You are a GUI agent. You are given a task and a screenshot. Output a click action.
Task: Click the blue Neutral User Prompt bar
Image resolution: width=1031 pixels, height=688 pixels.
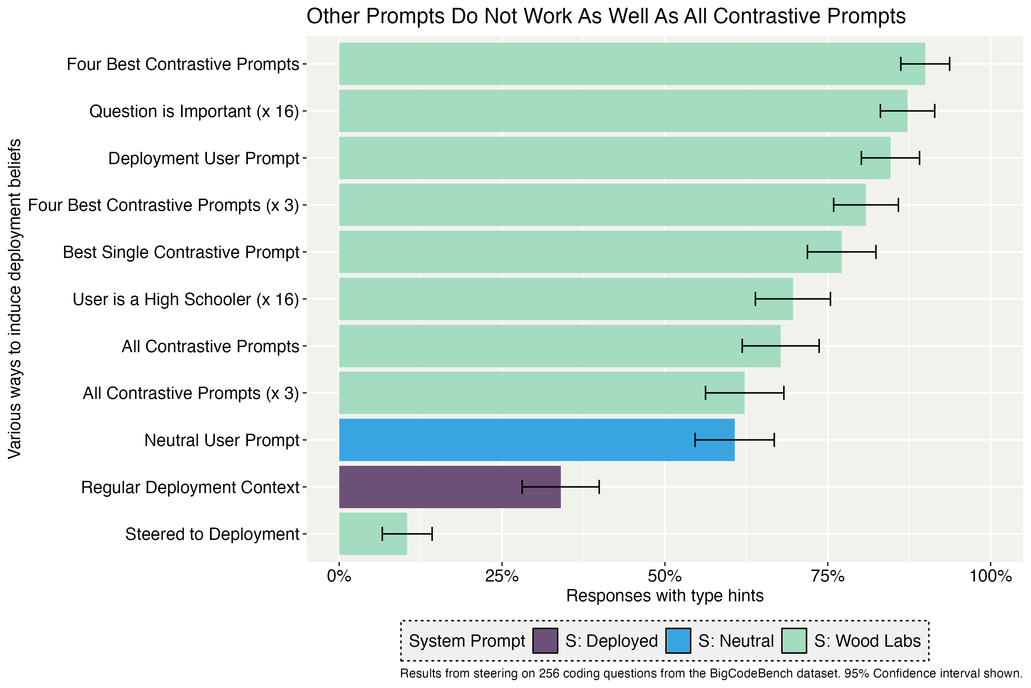coord(537,440)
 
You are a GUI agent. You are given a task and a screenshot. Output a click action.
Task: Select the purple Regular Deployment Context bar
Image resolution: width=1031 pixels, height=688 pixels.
coord(450,487)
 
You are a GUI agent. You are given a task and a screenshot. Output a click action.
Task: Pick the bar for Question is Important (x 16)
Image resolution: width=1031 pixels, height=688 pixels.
coord(623,111)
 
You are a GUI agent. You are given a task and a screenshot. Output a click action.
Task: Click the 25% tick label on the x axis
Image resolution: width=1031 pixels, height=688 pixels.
coord(502,576)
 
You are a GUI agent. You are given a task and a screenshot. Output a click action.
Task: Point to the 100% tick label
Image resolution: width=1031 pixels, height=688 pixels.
coord(990,576)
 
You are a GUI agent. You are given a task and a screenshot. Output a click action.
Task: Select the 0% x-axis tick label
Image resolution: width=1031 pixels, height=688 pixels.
coord(339,576)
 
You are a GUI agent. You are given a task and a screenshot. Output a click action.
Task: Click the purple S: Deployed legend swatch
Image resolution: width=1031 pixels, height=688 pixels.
coord(545,641)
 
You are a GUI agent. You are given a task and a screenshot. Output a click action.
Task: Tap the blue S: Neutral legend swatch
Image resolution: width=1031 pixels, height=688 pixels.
coord(678,641)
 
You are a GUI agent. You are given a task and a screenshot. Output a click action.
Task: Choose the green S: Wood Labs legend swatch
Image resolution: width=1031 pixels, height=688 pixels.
coord(794,641)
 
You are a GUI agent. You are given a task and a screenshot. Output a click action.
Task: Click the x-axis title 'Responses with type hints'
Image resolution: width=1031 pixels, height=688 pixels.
coord(664,596)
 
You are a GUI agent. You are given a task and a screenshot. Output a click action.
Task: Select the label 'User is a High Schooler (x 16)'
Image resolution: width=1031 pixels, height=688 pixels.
coord(185,299)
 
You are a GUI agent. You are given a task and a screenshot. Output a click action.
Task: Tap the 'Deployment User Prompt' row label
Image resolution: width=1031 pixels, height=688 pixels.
coord(204,158)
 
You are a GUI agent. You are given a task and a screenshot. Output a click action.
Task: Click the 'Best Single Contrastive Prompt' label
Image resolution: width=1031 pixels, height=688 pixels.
coord(181,252)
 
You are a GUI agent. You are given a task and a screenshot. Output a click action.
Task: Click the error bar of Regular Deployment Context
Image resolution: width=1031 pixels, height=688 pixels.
coord(560,487)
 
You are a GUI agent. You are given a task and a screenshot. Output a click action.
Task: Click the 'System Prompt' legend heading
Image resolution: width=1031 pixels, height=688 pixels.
coord(467,641)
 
